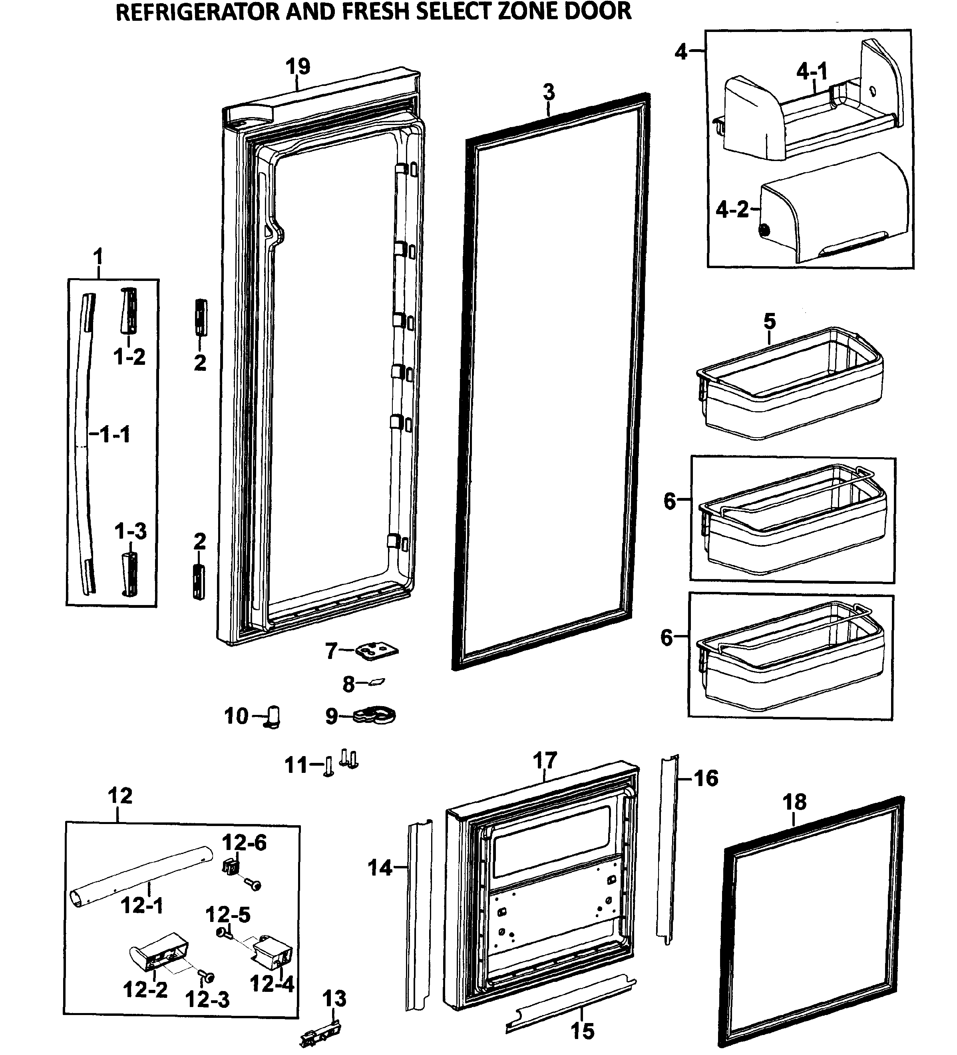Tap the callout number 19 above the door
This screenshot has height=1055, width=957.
(298, 66)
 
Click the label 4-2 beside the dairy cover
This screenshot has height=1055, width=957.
(732, 210)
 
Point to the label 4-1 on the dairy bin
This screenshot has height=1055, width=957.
(812, 71)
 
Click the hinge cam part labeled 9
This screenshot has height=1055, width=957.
(376, 715)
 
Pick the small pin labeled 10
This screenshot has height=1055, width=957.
(274, 717)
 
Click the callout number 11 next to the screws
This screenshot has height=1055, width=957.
(296, 765)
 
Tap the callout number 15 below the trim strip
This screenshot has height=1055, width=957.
(582, 1031)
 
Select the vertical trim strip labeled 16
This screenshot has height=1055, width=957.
(668, 848)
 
